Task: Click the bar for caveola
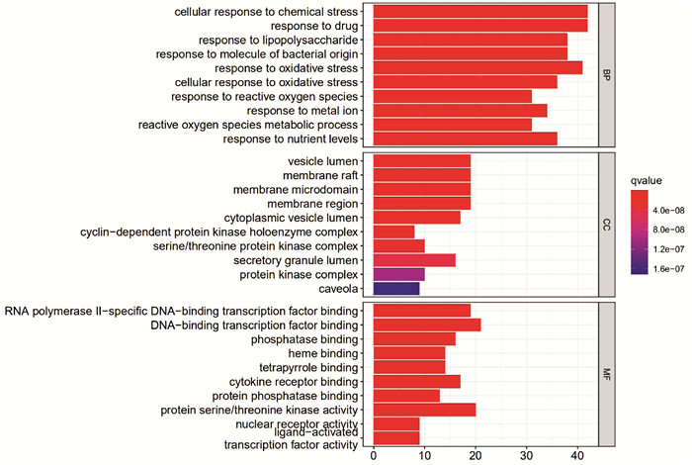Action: (x=396, y=288)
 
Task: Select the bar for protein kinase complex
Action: (x=398, y=274)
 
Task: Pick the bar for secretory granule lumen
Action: (x=414, y=259)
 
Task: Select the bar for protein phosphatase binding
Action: (x=406, y=396)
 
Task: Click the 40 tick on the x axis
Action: (x=577, y=456)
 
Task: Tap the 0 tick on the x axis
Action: (x=374, y=456)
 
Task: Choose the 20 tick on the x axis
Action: (x=476, y=456)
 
